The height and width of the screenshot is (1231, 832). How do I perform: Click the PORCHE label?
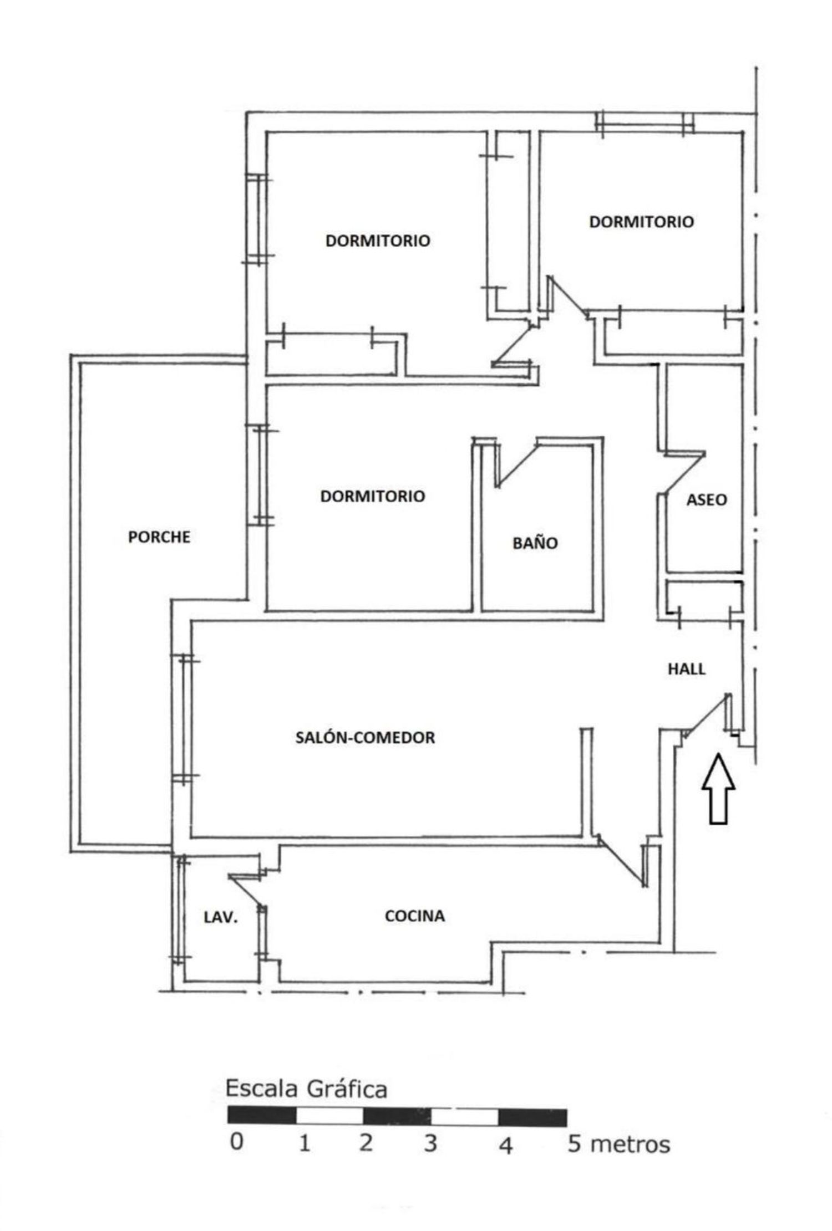159,537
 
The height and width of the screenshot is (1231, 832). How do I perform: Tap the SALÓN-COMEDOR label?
365,737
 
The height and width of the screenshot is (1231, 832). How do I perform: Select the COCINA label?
415,916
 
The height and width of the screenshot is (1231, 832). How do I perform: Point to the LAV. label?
221,917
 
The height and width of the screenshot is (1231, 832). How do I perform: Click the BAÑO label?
535,543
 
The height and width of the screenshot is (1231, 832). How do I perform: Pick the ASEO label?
707,500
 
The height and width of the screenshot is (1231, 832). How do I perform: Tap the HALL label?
687,669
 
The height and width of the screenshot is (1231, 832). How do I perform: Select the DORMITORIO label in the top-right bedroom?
641,222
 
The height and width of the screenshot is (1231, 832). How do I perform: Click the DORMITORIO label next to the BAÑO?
373,496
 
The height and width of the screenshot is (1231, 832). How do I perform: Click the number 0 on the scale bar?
237,1142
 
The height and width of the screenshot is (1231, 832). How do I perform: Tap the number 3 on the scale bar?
430,1143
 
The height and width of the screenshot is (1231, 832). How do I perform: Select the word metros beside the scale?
630,1144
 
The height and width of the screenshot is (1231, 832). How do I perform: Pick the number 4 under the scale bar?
505,1145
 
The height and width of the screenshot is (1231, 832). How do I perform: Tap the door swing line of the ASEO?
683,472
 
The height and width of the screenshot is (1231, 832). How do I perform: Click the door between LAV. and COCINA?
246,892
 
